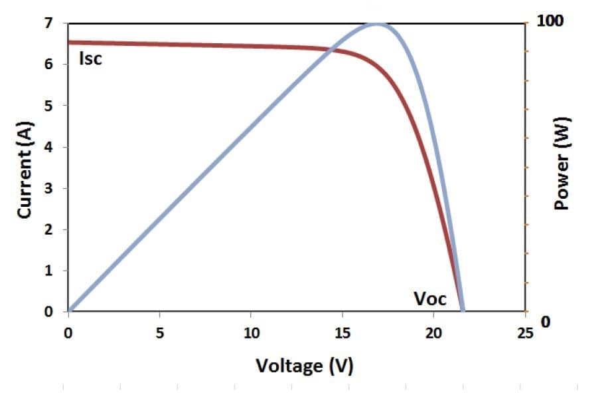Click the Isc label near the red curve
click(x=90, y=59)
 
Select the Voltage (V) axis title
click(x=305, y=365)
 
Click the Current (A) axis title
click(x=25, y=169)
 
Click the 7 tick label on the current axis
click(x=47, y=23)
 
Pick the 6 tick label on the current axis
click(x=47, y=65)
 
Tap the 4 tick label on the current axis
click(x=47, y=147)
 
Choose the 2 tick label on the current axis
click(x=47, y=229)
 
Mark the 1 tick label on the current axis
click(x=47, y=271)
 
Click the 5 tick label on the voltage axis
click(x=159, y=333)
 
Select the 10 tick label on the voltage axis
click(x=250, y=333)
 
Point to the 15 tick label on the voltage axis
click(x=342, y=333)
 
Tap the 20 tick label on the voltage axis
click(x=433, y=333)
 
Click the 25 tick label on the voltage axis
click(x=524, y=333)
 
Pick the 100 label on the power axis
click(x=550, y=21)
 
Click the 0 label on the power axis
click(x=546, y=322)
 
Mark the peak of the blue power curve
click(x=378, y=24)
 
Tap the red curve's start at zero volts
click(x=70, y=43)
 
